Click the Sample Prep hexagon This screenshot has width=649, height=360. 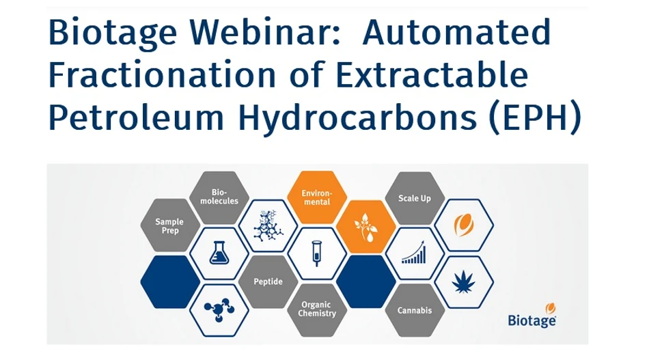[x=169, y=225]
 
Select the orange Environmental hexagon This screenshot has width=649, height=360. [x=316, y=197]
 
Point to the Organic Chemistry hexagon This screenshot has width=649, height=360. [x=316, y=309]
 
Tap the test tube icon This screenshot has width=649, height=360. [x=316, y=253]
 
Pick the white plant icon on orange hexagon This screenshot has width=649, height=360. [x=365, y=226]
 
